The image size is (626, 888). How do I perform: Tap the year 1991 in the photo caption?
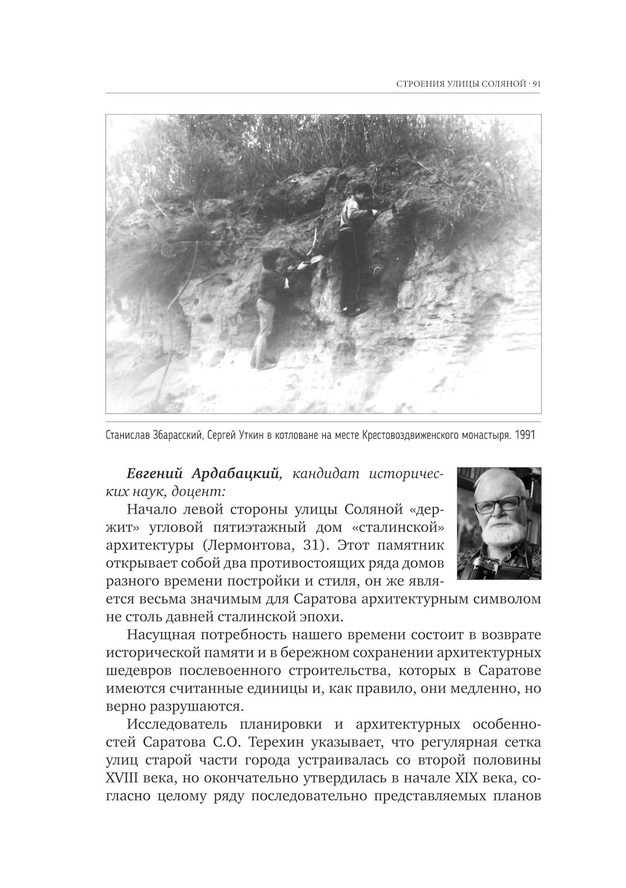524,435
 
